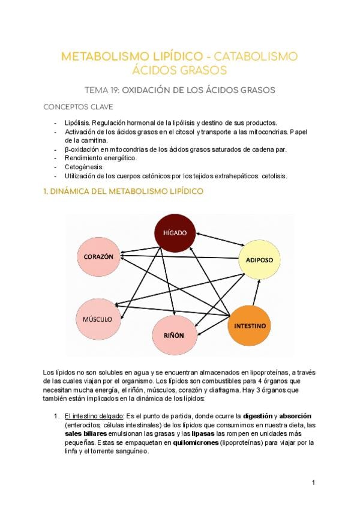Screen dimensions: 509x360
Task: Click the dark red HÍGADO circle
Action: coord(174,232)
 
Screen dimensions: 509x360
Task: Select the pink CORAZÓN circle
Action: coord(95,256)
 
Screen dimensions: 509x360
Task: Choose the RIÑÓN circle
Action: coord(173,334)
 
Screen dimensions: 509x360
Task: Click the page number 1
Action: coord(313,482)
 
